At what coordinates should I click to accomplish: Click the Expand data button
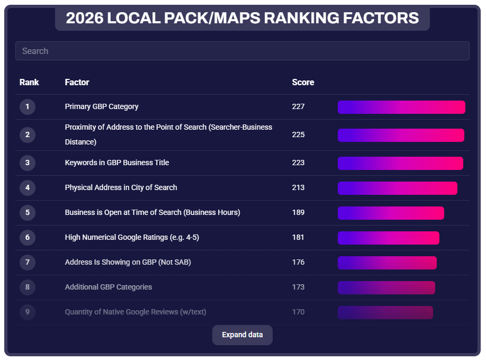coord(242,335)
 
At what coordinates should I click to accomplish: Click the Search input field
coord(242,51)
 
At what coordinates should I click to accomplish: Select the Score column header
coord(303,82)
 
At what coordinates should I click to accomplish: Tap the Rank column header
coord(29,82)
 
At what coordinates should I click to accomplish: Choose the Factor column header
coord(77,82)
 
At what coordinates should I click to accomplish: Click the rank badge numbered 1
coord(28,107)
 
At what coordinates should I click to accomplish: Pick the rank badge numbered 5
coord(28,213)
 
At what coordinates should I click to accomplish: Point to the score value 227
coord(298,106)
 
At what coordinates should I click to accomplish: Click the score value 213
coord(298,187)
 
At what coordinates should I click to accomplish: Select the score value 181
coord(298,237)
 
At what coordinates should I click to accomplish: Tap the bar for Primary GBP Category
coord(401,107)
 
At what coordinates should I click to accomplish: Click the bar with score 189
coord(391,213)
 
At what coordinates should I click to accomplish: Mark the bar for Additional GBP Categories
coord(386,287)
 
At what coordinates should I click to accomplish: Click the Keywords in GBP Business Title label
coord(117,163)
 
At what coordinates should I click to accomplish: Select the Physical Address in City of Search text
coord(121,187)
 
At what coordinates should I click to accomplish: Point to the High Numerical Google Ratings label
coord(132,237)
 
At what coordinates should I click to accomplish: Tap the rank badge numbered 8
coord(28,287)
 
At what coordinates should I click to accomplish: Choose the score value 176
coord(298,262)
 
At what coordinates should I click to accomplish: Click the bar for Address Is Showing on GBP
coord(387,263)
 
